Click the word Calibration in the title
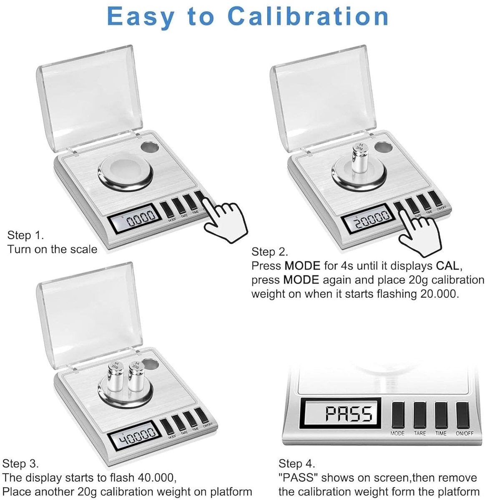[308, 16]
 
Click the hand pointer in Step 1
[225, 220]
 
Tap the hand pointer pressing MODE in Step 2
[418, 234]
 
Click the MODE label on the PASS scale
[397, 433]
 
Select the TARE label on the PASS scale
[420, 433]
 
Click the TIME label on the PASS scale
[441, 433]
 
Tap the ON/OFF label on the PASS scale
[465, 433]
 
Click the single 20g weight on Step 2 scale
[359, 158]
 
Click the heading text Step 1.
[26, 235]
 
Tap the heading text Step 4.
[297, 463]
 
